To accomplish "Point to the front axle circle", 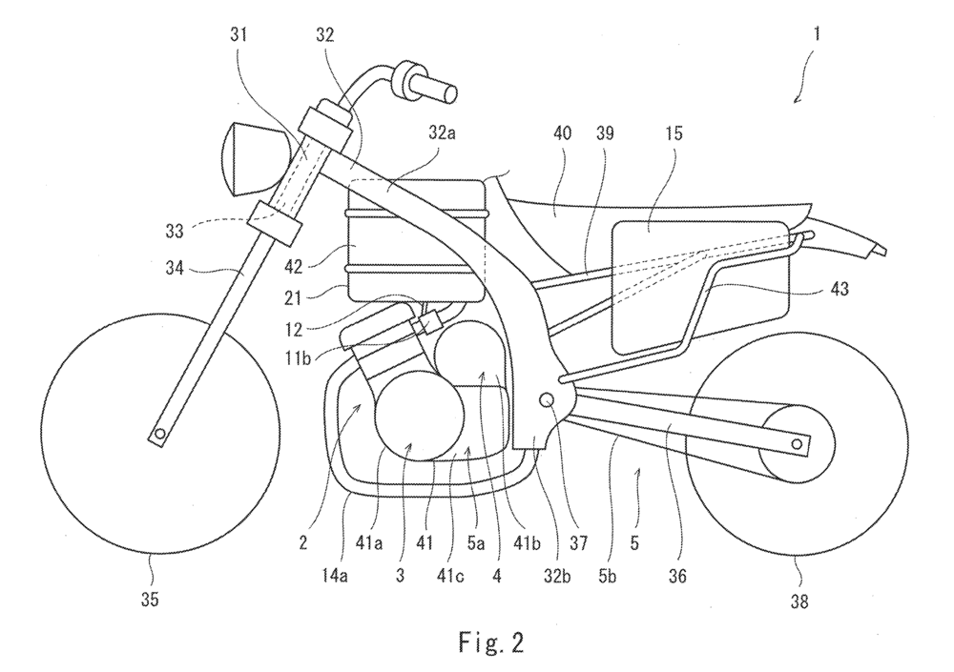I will pos(160,435).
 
